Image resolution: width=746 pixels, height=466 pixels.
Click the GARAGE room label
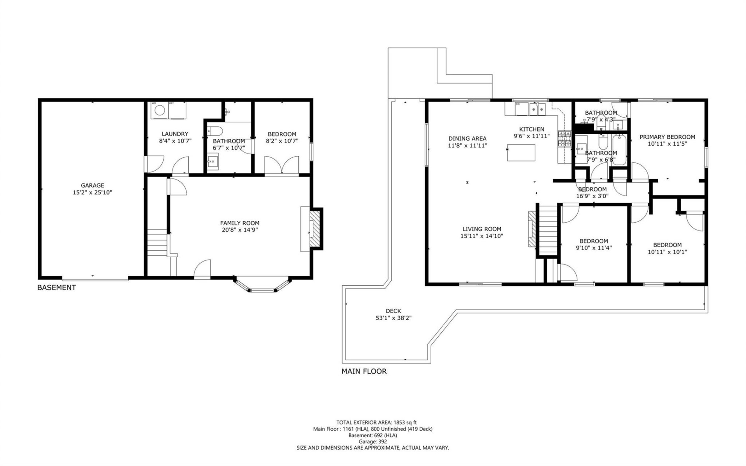click(x=92, y=185)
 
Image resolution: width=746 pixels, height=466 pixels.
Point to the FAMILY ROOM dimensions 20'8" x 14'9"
click(x=239, y=230)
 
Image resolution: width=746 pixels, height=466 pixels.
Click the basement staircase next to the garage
click(x=157, y=242)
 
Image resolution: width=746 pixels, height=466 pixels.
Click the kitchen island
click(x=521, y=152)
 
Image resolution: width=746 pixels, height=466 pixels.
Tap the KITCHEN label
click(x=532, y=129)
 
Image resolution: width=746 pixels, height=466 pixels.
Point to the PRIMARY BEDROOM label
click(x=667, y=137)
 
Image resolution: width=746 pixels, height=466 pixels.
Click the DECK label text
click(x=393, y=311)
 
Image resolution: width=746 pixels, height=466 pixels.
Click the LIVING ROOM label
click(x=482, y=229)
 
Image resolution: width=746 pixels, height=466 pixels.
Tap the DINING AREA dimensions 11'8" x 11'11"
click(x=467, y=145)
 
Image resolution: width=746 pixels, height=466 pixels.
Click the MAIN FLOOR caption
click(x=364, y=371)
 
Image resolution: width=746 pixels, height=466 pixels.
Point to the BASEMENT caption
click(x=56, y=288)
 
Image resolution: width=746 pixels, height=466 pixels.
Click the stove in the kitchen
click(x=564, y=139)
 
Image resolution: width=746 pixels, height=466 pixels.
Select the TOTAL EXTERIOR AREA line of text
click(x=376, y=422)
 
